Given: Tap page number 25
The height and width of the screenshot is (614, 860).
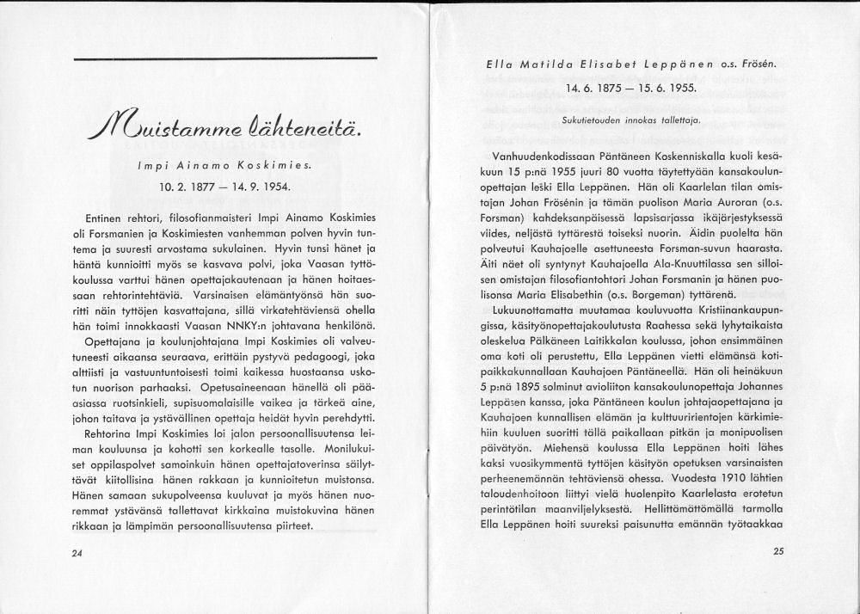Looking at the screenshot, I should [x=779, y=552].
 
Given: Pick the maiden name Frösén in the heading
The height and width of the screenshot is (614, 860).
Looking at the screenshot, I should [x=780, y=64].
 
